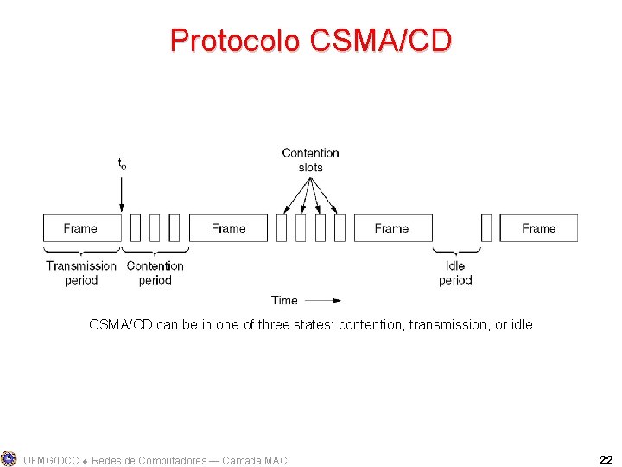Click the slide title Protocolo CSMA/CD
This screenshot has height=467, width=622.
tap(311, 41)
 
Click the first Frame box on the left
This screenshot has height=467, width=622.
tap(80, 228)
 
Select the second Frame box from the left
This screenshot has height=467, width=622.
tap(228, 228)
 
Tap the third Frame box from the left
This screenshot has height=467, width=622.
tap(391, 228)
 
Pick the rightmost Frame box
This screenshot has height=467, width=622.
tap(538, 228)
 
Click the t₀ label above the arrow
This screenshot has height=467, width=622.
tap(122, 163)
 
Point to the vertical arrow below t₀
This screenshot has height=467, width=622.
tap(122, 191)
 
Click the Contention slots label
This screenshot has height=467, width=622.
tap(310, 160)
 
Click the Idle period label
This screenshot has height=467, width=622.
tap(455, 272)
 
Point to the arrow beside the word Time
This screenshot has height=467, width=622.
tap(323, 301)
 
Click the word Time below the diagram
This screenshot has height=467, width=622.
tap(284, 300)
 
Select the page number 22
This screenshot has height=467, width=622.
tap(605, 460)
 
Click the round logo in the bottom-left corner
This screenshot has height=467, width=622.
tap(9, 458)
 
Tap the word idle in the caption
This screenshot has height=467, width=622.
tap(521, 325)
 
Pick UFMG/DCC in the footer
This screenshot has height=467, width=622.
tap(52, 461)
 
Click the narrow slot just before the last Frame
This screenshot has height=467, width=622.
tap(486, 228)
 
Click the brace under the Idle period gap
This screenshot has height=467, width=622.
tap(455, 251)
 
